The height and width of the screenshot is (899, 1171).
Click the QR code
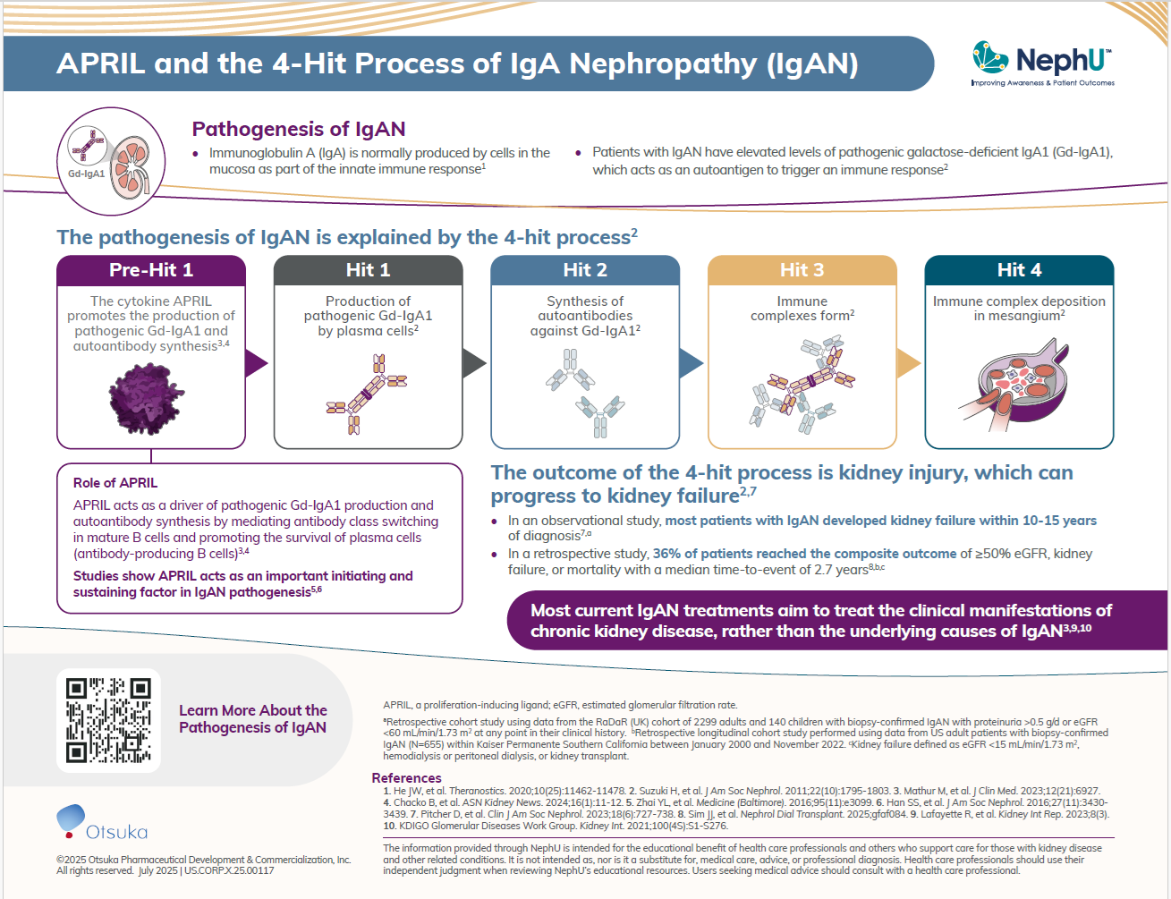pos(108,720)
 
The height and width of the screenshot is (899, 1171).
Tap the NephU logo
pos(1042,64)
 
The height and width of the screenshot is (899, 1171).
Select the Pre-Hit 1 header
pos(151,270)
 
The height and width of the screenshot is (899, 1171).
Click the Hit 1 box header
pos(368,270)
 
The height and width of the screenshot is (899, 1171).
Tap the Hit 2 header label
pos(585,270)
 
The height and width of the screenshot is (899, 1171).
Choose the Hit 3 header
pos(802,270)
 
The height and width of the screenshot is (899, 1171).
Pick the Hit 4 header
pos(1019,270)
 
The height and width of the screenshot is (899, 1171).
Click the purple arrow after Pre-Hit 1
pos(256,363)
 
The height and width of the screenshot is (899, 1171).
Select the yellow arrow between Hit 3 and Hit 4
pos(907,363)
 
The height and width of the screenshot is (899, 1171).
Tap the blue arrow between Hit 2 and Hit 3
pos(691,363)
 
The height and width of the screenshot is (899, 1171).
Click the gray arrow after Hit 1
pos(473,363)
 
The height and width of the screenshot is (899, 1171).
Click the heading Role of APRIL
pos(115,483)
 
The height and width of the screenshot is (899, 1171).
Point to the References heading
pos(406,778)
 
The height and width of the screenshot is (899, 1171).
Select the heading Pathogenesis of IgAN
pos(299,130)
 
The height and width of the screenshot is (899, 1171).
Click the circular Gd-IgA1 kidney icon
pos(111,161)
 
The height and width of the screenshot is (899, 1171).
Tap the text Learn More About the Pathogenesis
pos(253,719)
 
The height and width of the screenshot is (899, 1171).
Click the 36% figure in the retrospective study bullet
pos(666,554)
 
